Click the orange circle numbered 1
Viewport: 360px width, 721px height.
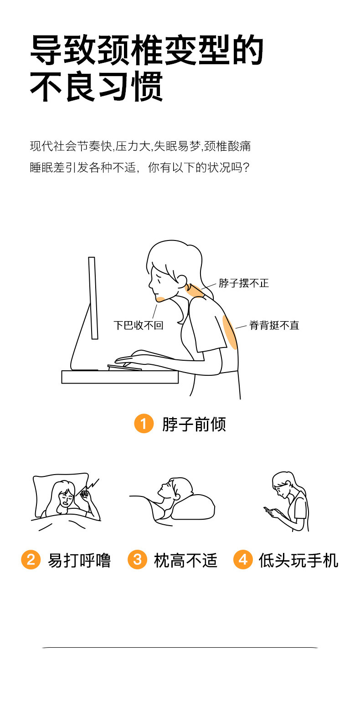coord(144,424)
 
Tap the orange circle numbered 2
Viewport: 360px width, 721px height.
coord(31,559)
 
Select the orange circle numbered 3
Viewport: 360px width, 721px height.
coord(137,559)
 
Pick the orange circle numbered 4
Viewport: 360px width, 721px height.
coord(243,559)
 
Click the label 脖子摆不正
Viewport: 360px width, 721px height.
coord(244,283)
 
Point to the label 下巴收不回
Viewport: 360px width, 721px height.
coord(139,325)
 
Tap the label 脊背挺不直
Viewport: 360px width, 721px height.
coord(274,325)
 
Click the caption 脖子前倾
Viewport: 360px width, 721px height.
coord(194,424)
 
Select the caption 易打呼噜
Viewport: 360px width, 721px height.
coord(79,560)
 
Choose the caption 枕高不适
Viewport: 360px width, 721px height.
coord(185,560)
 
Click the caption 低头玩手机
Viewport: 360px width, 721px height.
coord(298,560)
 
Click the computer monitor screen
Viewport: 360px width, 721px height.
coord(93,298)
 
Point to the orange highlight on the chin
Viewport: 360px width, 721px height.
coord(160,299)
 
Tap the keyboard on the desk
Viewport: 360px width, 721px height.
coord(124,367)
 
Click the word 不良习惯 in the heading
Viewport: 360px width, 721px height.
coord(97,87)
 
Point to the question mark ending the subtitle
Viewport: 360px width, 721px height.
coord(246,168)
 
